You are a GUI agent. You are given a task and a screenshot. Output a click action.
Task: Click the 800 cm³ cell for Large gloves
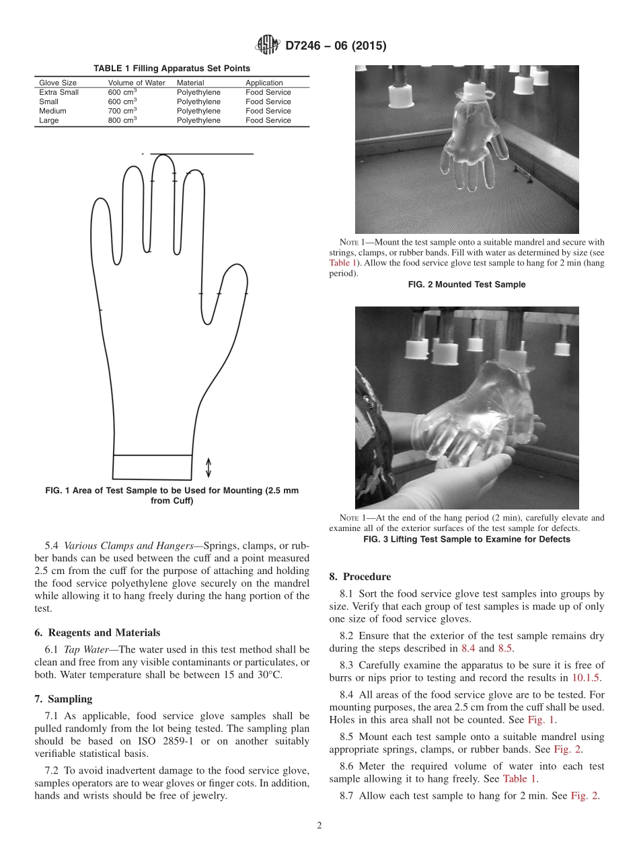coord(122,120)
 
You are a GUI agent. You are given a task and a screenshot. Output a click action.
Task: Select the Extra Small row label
coord(59,92)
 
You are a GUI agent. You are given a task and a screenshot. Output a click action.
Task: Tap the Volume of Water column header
coord(137,83)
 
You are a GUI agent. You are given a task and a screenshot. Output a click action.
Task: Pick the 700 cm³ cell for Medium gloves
coord(122,111)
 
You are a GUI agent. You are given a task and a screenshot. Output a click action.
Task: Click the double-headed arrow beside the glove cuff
coord(208,467)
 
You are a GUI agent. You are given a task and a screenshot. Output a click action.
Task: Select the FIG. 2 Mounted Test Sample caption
coord(467,284)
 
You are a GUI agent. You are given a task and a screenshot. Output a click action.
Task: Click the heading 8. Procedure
coord(360,577)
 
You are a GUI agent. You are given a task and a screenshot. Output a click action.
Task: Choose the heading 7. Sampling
coord(63,699)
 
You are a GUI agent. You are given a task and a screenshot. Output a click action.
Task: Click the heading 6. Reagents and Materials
coord(98,633)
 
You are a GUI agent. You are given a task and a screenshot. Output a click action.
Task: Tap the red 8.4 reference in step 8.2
coord(468,649)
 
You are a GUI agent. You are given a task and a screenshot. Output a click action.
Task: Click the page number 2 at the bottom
coord(319,826)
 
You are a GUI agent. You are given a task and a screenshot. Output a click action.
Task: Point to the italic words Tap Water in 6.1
coord(88,649)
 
